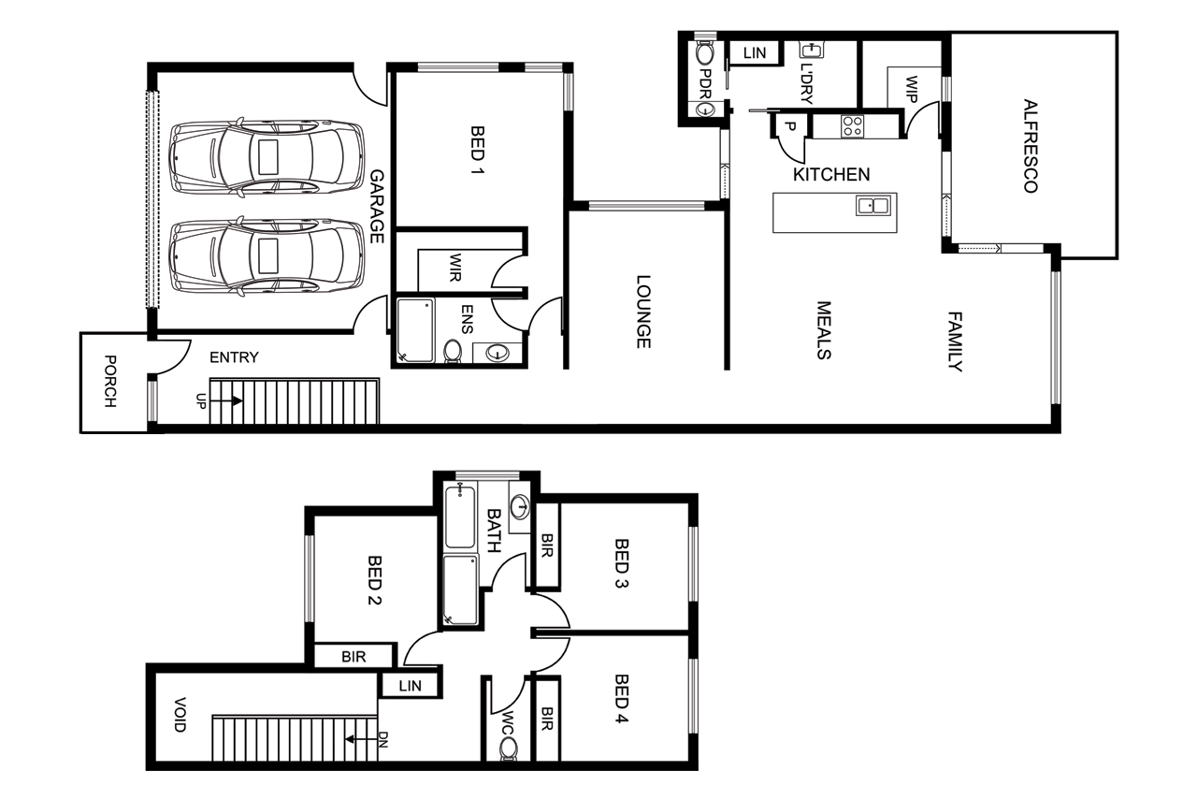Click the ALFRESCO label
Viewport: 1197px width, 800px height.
click(1030, 146)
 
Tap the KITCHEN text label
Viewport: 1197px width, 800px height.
click(831, 174)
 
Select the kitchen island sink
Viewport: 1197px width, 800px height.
click(875, 205)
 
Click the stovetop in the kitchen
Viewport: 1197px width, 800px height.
click(851, 125)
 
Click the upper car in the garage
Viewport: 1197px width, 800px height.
click(266, 156)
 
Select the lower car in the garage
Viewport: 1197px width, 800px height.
click(266, 256)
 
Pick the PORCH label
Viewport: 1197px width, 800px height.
click(110, 382)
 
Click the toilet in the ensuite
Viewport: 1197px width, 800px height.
click(453, 351)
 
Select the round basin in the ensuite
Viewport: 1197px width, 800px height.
click(498, 353)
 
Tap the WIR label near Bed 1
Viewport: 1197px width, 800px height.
click(455, 268)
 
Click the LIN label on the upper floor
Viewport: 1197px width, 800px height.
click(410, 686)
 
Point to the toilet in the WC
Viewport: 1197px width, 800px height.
click(508, 749)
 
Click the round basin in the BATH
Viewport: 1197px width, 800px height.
click(522, 507)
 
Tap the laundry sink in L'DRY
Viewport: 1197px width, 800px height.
click(810, 51)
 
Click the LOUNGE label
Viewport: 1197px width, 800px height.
click(643, 312)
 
